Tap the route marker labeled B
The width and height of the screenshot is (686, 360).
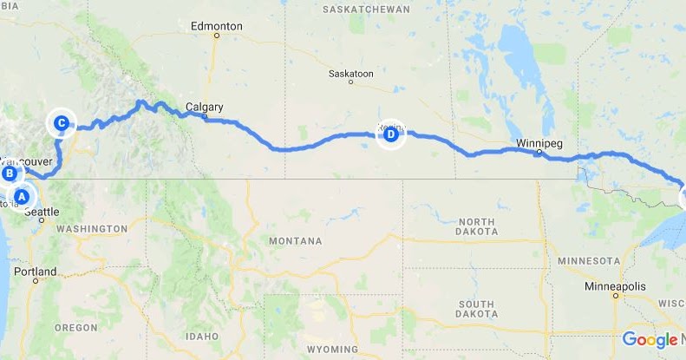pos(10,173)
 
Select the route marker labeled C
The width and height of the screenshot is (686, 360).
pos(62,123)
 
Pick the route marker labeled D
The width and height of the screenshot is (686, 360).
pos(390,134)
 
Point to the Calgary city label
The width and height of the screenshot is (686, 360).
pos(205,108)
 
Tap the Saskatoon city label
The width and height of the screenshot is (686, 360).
pos(351,74)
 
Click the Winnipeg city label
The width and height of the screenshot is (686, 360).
pos(538,141)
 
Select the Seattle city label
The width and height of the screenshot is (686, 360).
pos(42,212)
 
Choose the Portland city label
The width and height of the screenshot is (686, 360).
pos(36,272)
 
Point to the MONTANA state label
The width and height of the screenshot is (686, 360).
pos(295,240)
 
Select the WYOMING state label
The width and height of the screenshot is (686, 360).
pos(331,350)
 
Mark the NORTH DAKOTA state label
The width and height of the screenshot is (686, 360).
pos(475,226)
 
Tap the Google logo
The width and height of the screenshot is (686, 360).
pos(650,339)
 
